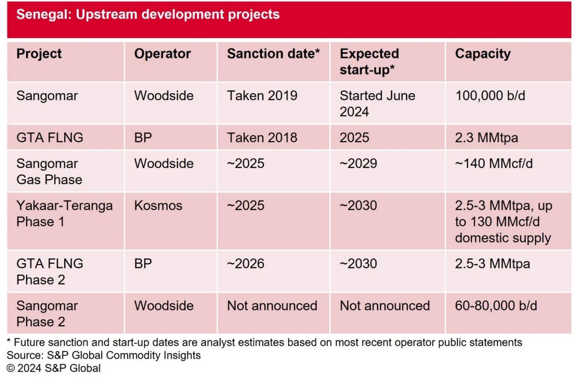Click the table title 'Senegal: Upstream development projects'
(148, 15)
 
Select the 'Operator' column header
(162, 54)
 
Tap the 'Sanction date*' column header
(273, 54)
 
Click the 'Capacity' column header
(483, 54)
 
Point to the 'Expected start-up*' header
(369, 62)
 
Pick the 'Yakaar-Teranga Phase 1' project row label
(64, 214)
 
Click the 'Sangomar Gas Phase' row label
(49, 172)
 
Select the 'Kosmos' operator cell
(158, 206)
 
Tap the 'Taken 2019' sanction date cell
(262, 96)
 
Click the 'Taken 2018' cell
(262, 138)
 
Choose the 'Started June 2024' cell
(377, 104)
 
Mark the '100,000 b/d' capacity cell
(490, 96)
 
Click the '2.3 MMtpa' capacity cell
(486, 138)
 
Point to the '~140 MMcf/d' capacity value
(493, 163)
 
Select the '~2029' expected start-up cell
(358, 163)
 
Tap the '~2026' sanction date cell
(245, 264)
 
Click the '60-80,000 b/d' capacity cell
(495, 306)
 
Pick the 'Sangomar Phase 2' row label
(47, 314)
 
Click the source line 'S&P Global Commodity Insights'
(104, 355)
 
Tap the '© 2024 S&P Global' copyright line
(53, 368)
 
